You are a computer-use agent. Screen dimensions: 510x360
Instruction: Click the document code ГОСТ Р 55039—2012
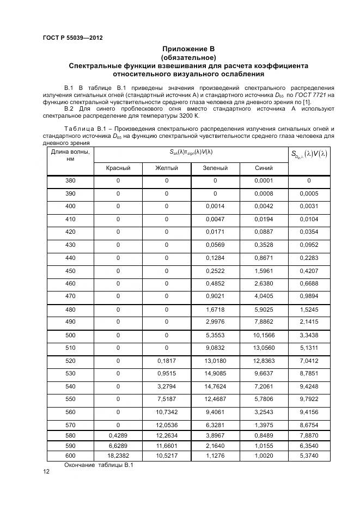coord(72,38)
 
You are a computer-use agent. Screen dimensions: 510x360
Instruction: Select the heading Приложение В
coord(188,50)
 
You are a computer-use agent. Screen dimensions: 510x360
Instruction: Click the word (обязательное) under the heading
coord(188,58)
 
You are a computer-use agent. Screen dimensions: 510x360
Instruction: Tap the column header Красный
coord(118,168)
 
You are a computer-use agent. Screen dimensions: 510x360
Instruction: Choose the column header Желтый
coord(167,168)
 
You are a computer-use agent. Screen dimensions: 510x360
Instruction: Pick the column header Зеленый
coord(215,168)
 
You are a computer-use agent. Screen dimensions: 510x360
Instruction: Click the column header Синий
coord(264,168)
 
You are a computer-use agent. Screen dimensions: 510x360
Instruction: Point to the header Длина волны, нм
coord(70,155)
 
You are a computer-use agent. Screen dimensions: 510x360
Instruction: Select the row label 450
coord(70,271)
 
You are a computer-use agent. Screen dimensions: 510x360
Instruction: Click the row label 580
coord(70,436)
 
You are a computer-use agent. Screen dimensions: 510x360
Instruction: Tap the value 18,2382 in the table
coord(118,456)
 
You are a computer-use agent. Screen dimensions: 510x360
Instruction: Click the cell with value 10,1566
coord(264,335)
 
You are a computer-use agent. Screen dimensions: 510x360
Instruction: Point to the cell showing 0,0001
coord(264,180)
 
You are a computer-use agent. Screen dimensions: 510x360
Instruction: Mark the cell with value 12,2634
coord(167,436)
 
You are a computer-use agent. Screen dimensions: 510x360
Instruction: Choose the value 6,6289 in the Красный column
coord(118,446)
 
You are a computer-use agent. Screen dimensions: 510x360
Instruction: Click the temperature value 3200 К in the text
coord(187,116)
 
